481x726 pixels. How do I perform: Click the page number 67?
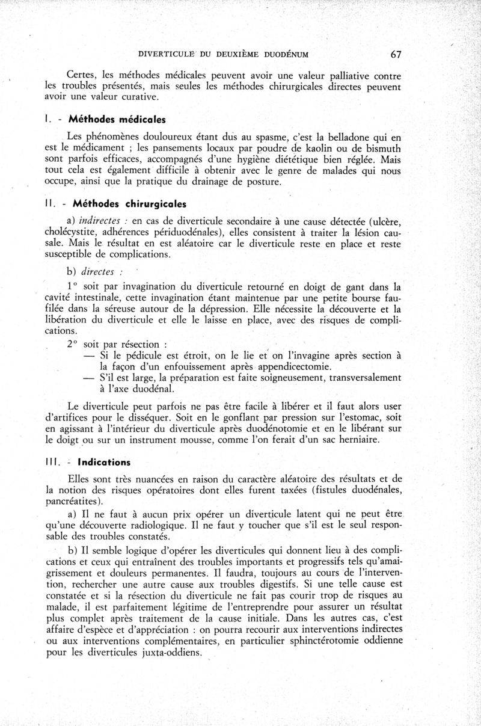(x=396, y=54)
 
